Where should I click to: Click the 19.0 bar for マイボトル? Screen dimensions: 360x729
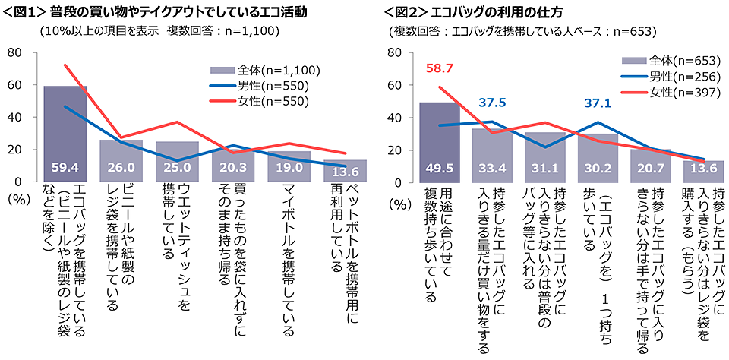pos(290,166)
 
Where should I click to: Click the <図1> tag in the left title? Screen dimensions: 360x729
pos(24,13)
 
